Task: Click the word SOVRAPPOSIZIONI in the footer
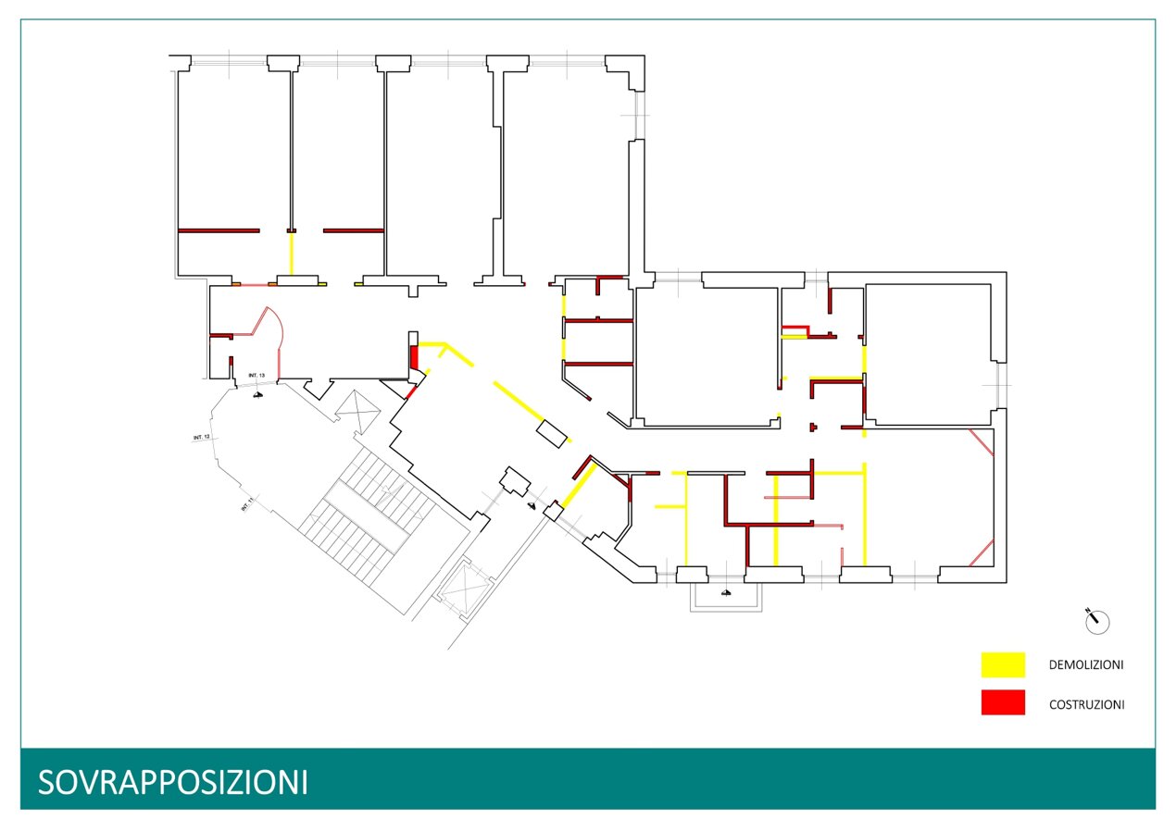pyautogui.click(x=173, y=782)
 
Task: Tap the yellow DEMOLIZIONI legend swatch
pyautogui.click(x=1003, y=664)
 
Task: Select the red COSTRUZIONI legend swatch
pyautogui.click(x=1003, y=702)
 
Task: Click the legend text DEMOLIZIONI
pyautogui.click(x=1086, y=665)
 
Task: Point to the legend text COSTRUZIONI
pyautogui.click(x=1086, y=704)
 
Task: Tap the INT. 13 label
pyautogui.click(x=256, y=375)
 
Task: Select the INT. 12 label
pyautogui.click(x=202, y=436)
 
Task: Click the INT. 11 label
pyautogui.click(x=247, y=504)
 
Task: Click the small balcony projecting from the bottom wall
pyautogui.click(x=729, y=596)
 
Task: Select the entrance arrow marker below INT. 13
pyautogui.click(x=259, y=393)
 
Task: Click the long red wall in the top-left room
pyautogui.click(x=219, y=230)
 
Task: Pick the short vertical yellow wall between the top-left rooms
pyautogui.click(x=292, y=253)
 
